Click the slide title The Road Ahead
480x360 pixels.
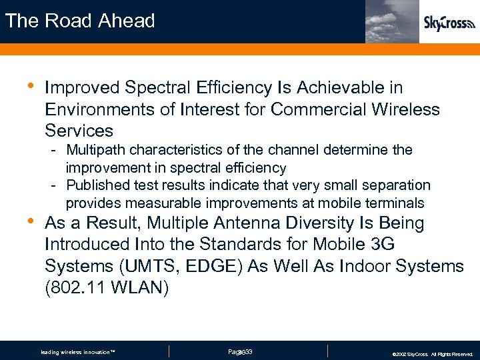tap(80, 21)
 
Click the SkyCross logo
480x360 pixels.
tap(449, 24)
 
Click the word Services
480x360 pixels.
tap(79, 130)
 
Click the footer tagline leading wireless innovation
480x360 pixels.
tap(78, 352)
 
